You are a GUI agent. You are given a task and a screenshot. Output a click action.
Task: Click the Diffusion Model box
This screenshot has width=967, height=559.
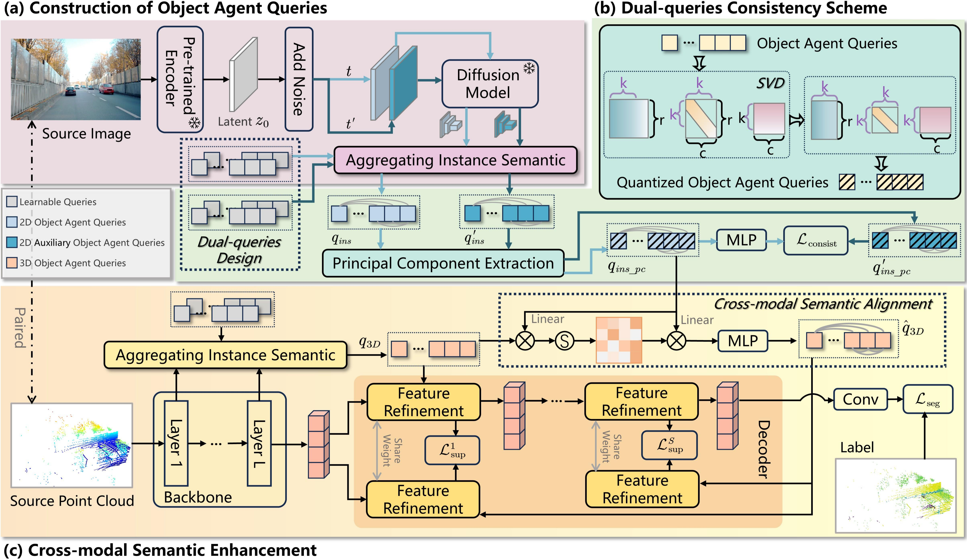[x=490, y=84]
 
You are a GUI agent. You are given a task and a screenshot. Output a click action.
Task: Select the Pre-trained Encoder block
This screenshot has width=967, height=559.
[x=180, y=79]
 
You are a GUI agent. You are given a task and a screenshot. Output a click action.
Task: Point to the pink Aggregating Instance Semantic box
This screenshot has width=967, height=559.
[x=455, y=160]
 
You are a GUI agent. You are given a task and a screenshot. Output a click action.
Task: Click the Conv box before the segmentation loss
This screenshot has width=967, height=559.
[x=860, y=400]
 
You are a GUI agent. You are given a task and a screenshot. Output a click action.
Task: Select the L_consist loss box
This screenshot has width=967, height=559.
[x=815, y=240]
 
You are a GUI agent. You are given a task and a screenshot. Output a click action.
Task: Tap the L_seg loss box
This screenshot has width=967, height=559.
[x=928, y=400]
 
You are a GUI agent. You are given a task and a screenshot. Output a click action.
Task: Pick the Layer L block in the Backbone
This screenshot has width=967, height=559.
[x=259, y=443]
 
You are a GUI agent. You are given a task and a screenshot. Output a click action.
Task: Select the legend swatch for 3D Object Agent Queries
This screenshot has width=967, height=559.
[x=12, y=263]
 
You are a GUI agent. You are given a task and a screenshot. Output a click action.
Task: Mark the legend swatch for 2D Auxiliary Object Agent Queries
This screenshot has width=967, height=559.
[x=12, y=242]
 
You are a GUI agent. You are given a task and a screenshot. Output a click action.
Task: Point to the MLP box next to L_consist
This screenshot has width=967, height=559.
[x=741, y=240]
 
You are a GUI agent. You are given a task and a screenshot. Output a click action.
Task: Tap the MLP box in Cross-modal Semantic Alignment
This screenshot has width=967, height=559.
[x=743, y=340]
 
